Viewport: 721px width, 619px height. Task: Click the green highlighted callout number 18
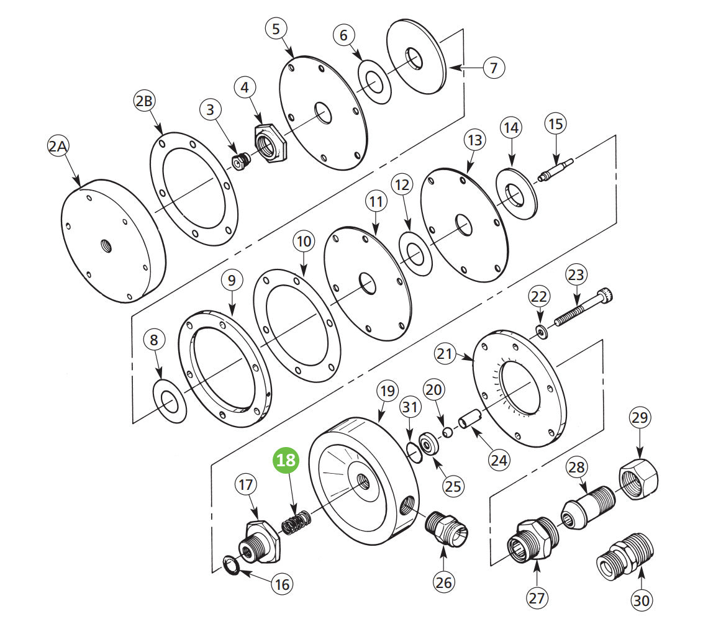(x=286, y=461)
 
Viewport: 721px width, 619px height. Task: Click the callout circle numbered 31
(x=409, y=409)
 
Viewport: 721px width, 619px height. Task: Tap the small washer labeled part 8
(x=170, y=402)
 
